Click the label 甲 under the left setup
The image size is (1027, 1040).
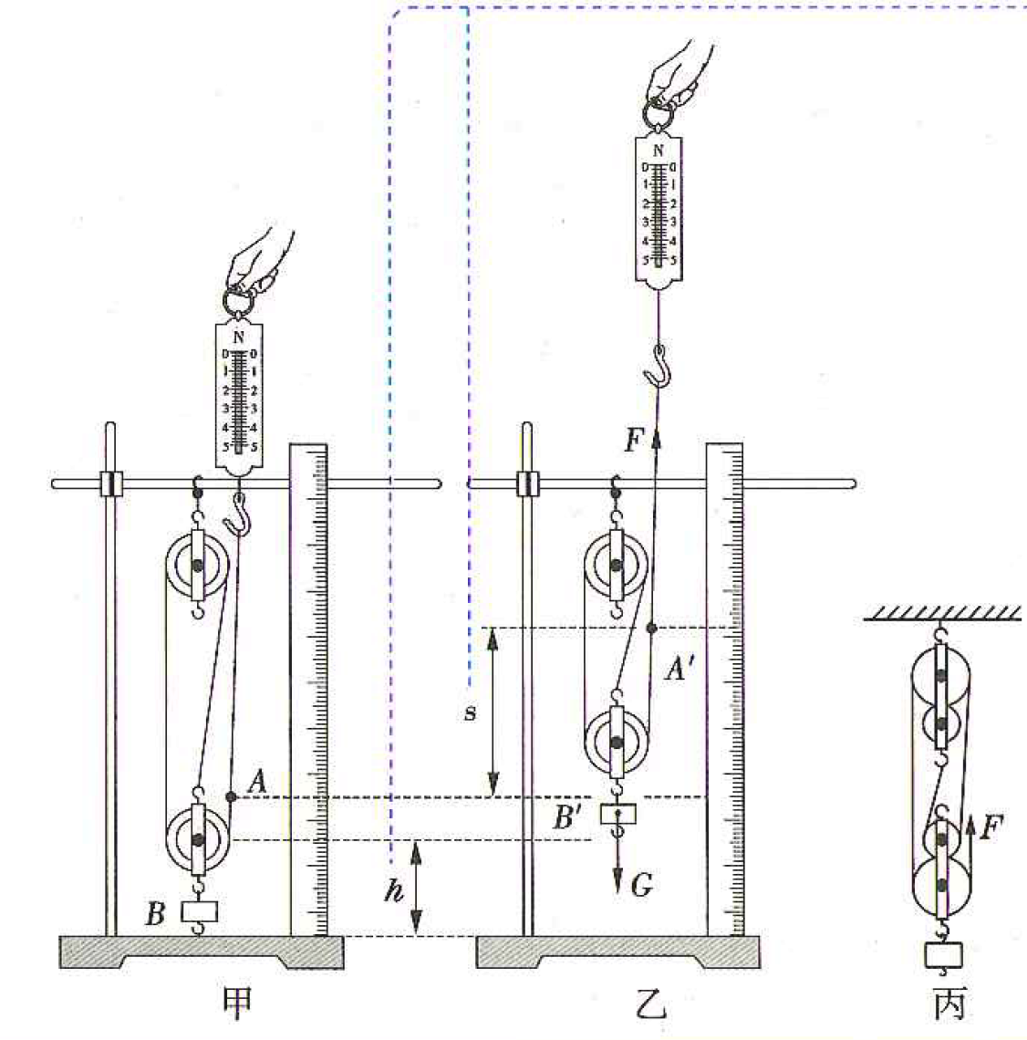(x=237, y=1004)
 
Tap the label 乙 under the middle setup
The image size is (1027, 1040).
(x=649, y=1004)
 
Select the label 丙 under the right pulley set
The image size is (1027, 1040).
(x=949, y=1004)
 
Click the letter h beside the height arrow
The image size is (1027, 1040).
(x=394, y=890)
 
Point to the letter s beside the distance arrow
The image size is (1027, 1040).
(x=470, y=713)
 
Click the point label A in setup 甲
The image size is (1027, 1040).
(x=257, y=782)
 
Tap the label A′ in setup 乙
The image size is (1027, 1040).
(x=679, y=670)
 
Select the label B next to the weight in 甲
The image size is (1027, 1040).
(x=155, y=913)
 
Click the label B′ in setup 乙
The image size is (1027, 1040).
(x=567, y=817)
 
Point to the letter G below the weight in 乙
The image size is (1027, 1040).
(x=642, y=885)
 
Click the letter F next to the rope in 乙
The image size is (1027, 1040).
(x=634, y=441)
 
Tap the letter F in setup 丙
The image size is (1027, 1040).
(x=991, y=827)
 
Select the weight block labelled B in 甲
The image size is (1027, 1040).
(x=200, y=911)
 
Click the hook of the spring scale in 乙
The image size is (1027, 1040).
(x=658, y=366)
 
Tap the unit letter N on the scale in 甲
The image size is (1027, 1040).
(x=239, y=338)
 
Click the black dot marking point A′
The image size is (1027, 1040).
(x=652, y=628)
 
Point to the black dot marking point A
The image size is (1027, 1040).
(x=231, y=796)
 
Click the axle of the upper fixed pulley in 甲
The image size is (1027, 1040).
(x=198, y=566)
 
